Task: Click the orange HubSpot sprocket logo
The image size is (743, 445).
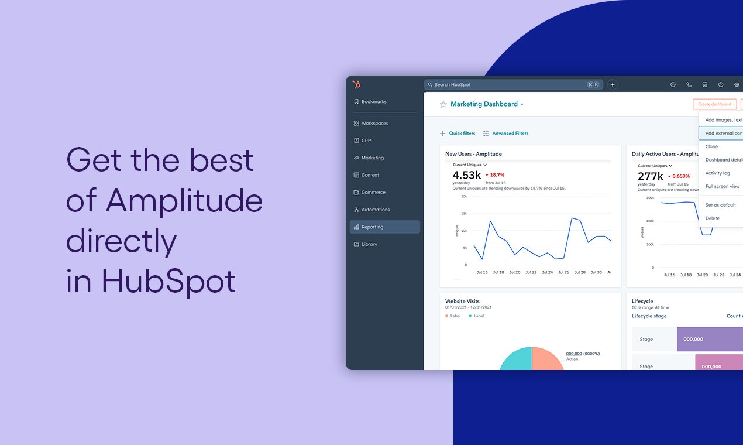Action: pyautogui.click(x=356, y=84)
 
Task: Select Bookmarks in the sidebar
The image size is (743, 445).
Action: pyautogui.click(x=373, y=102)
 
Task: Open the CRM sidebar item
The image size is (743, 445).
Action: pyautogui.click(x=366, y=141)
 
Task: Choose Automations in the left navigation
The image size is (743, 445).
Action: pyautogui.click(x=375, y=210)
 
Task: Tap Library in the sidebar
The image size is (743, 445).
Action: pyautogui.click(x=369, y=244)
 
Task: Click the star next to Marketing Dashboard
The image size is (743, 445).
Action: pyautogui.click(x=443, y=104)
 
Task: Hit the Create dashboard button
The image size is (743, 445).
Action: pyautogui.click(x=714, y=104)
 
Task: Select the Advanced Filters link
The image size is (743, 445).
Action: pyautogui.click(x=510, y=133)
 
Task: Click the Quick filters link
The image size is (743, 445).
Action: pyautogui.click(x=462, y=133)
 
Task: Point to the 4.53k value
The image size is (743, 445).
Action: pyautogui.click(x=466, y=175)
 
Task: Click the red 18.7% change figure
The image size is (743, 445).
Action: pyautogui.click(x=497, y=175)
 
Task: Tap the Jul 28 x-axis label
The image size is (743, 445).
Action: pyautogui.click(x=580, y=272)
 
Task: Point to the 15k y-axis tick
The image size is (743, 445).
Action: pyautogui.click(x=463, y=213)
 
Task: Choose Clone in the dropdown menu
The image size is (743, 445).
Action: pyautogui.click(x=711, y=146)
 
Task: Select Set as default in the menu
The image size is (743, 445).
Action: pyautogui.click(x=720, y=205)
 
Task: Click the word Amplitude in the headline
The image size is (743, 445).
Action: pyautogui.click(x=184, y=201)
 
